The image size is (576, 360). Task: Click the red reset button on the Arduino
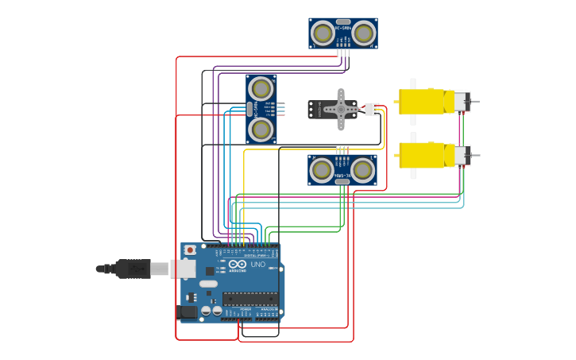click(x=190, y=250)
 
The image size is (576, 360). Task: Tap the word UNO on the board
click(x=258, y=265)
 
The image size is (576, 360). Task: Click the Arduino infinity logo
click(x=238, y=264)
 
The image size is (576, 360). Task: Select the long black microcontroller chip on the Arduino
click(x=249, y=299)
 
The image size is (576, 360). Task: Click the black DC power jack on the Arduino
click(x=187, y=312)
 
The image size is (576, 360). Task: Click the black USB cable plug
click(x=132, y=269)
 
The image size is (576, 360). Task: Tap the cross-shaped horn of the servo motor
click(x=341, y=109)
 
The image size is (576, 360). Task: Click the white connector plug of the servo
click(x=371, y=109)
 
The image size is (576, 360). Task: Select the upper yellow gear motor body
click(x=422, y=102)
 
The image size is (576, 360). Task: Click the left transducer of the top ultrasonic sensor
click(x=323, y=33)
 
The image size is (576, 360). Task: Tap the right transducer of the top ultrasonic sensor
click(x=363, y=33)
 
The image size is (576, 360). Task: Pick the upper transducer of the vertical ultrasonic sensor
click(x=261, y=88)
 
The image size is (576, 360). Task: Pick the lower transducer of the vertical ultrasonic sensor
click(x=261, y=129)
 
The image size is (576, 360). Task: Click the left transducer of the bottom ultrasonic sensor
click(x=322, y=169)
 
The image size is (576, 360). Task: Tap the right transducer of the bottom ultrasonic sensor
click(x=362, y=169)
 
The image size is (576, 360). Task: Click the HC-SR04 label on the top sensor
click(x=343, y=28)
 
